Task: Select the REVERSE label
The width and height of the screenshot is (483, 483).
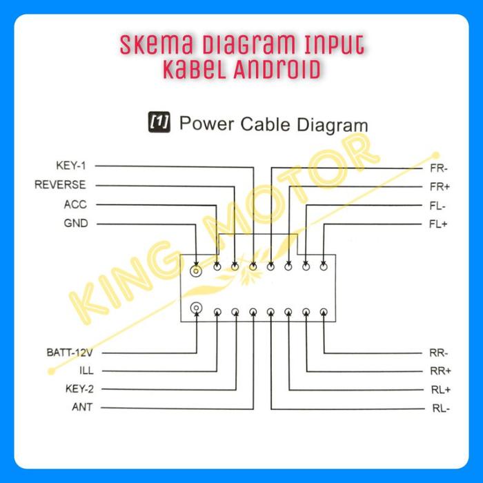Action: tap(60, 185)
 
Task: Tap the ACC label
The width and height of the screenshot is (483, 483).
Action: tap(75, 204)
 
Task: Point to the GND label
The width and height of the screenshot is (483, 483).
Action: tap(75, 224)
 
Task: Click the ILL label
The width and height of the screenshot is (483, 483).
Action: tap(86, 371)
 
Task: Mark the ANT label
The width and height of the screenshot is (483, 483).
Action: tap(82, 407)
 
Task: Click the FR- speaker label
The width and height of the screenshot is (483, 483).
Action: tap(439, 168)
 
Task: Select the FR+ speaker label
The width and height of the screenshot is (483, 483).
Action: tap(439, 187)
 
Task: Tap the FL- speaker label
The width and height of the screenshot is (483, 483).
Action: tap(437, 206)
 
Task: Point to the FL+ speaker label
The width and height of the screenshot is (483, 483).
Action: tap(437, 224)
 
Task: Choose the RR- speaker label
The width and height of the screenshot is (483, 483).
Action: tap(440, 353)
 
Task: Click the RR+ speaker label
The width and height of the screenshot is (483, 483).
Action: tap(440, 371)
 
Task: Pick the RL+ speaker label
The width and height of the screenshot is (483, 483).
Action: tap(440, 389)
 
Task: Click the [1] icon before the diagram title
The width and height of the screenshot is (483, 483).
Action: tap(159, 123)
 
